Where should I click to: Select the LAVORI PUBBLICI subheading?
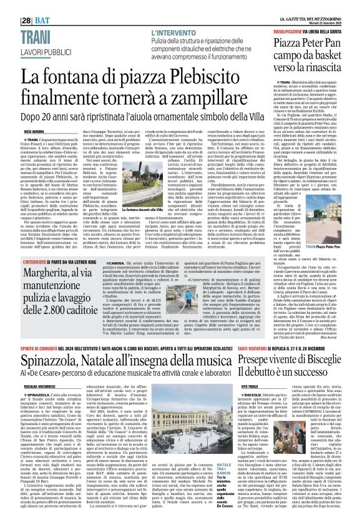coord(29,31)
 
